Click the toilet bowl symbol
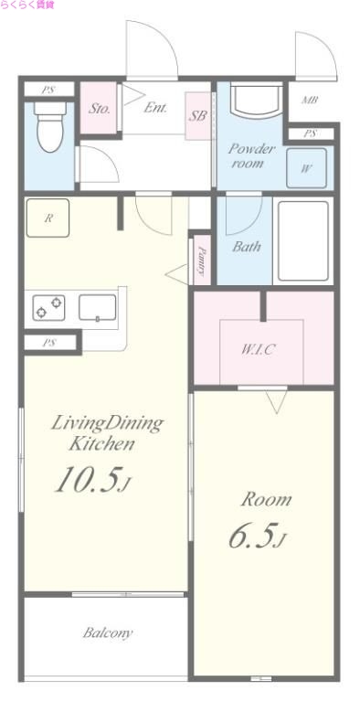click(x=49, y=127)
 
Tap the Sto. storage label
click(x=99, y=109)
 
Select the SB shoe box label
click(x=197, y=115)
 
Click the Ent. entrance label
click(x=155, y=108)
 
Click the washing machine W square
click(x=307, y=168)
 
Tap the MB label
click(x=310, y=101)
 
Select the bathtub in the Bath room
click(x=303, y=241)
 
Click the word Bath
click(x=247, y=247)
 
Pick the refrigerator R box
click(x=48, y=218)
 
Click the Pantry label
click(x=203, y=261)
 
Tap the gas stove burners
click(x=48, y=307)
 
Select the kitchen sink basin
click(x=98, y=307)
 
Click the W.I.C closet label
click(x=258, y=350)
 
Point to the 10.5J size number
click(x=93, y=479)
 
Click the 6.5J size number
click(x=257, y=535)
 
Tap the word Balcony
click(x=108, y=633)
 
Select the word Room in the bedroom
click(x=266, y=500)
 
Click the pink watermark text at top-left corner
click(x=27, y=5)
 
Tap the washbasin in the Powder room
click(x=257, y=101)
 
